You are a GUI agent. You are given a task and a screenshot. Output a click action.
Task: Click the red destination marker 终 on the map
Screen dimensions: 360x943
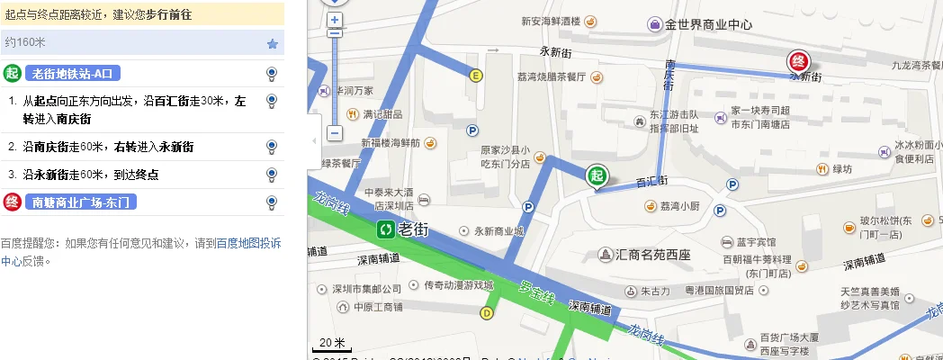797,61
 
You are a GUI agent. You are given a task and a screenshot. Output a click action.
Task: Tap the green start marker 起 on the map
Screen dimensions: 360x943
596,176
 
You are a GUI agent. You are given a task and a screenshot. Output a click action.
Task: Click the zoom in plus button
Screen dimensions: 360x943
335,20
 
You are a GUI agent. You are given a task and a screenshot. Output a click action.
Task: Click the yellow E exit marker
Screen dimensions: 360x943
475,76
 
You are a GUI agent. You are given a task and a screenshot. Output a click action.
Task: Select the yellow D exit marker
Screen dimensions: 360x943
487,313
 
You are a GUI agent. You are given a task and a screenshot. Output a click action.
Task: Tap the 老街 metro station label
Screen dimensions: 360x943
413,229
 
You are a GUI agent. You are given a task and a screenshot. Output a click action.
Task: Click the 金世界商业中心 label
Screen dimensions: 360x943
708,25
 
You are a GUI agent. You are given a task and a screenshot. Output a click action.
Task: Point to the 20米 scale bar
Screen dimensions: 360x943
331,343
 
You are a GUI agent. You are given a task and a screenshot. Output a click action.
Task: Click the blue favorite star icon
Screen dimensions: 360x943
273,43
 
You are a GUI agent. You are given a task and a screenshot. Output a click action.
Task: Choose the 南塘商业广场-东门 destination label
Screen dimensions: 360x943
82,202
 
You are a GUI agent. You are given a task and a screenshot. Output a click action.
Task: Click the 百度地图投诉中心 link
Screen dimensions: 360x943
248,242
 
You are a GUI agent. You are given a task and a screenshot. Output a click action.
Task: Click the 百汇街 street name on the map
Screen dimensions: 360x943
651,181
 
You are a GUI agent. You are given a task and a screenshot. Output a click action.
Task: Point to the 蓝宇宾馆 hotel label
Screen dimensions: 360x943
756,242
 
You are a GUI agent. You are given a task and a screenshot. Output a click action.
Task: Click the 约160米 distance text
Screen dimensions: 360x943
25,42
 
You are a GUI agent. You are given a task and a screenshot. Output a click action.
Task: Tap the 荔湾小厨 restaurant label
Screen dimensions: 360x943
679,206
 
